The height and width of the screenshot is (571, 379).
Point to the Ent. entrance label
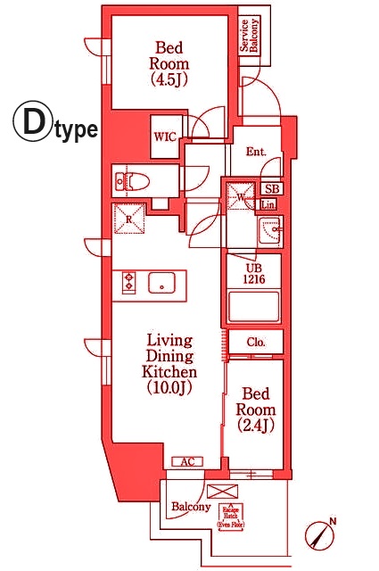255,152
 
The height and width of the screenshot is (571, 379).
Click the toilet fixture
133,181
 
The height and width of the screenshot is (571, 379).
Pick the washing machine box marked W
239,195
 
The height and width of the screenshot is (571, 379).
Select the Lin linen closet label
268,205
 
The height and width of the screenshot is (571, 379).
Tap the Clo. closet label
255,341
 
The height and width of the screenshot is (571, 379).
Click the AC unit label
187,461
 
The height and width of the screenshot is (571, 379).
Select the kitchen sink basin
162,283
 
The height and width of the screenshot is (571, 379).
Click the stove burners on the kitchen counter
128,283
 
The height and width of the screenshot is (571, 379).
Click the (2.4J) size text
256,426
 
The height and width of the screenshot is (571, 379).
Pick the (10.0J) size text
170,388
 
